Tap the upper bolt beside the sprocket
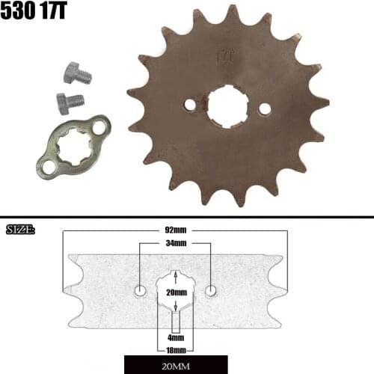(75, 73)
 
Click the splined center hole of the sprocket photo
(227, 106)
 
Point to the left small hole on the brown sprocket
(190, 105)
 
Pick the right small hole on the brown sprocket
(264, 108)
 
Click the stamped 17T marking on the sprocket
(224, 55)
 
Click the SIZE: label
(20, 228)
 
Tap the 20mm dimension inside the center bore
(176, 292)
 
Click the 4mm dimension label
(176, 337)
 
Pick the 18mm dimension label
(176, 349)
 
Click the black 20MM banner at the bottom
(176, 366)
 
